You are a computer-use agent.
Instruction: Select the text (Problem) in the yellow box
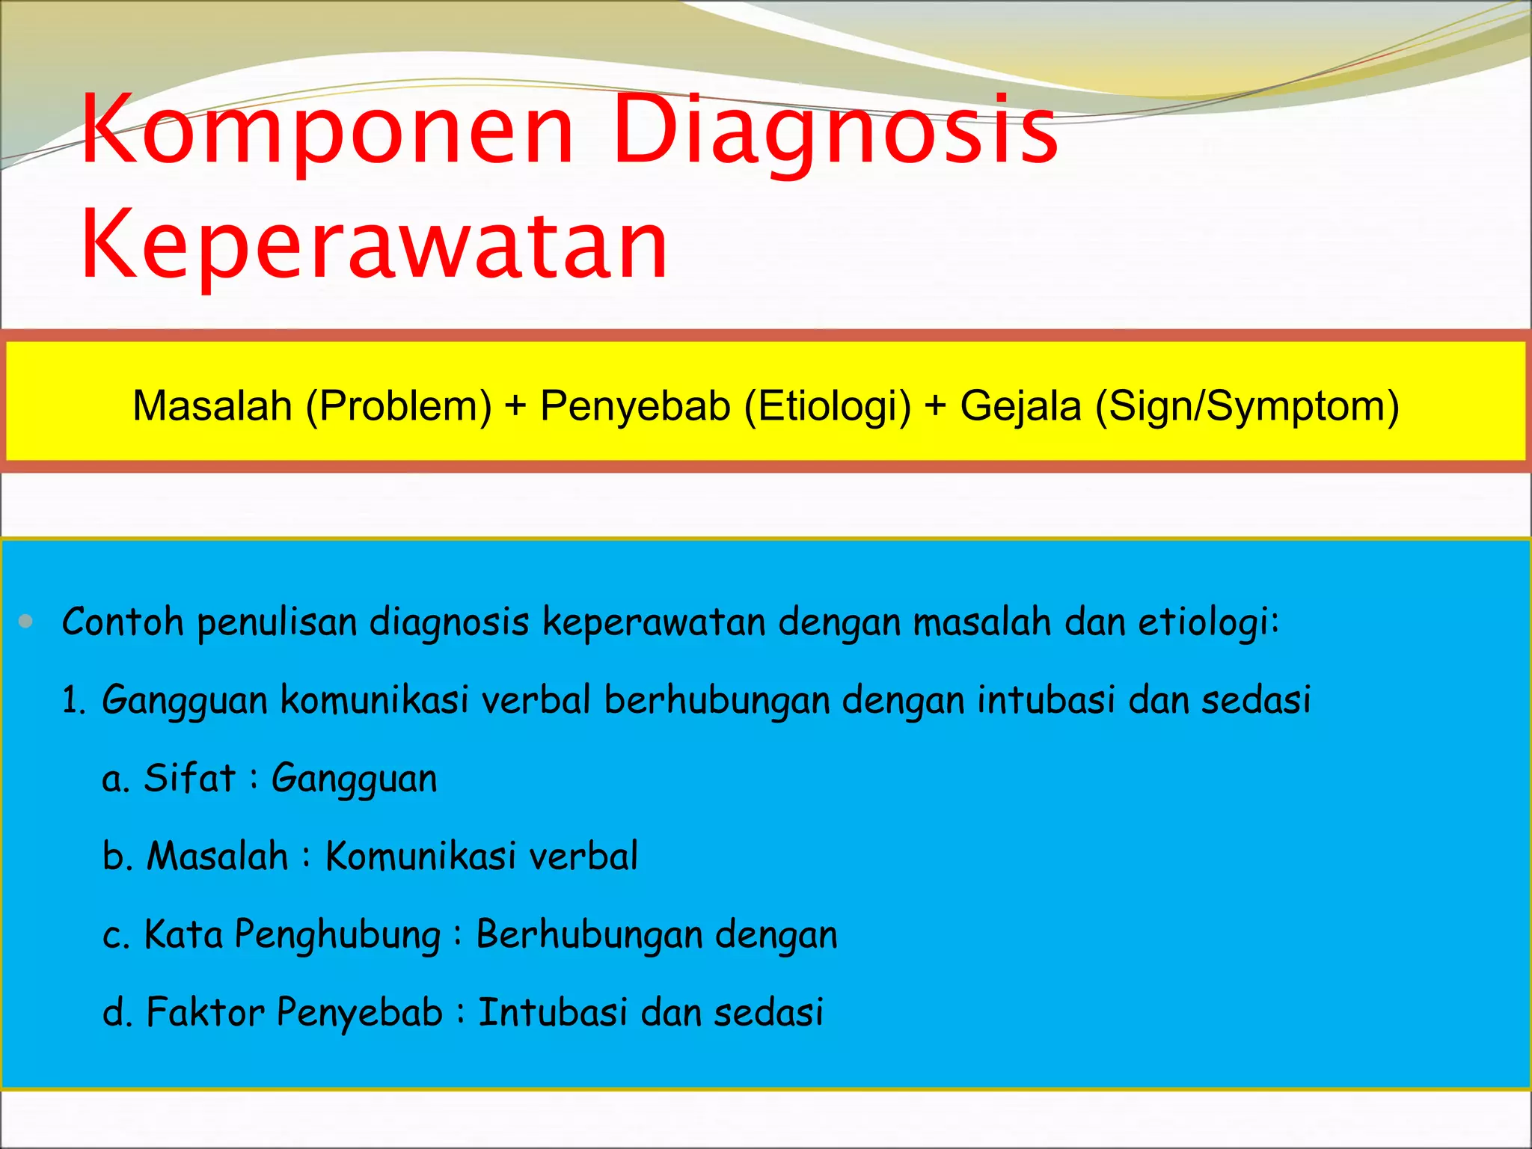point(399,406)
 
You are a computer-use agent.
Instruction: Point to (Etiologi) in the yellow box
point(827,406)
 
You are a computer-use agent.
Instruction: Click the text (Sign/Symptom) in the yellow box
point(1247,406)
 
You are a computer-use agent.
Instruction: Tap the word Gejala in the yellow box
point(1020,406)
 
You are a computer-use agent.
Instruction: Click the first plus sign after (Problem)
point(515,406)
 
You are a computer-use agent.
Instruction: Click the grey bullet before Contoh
point(26,621)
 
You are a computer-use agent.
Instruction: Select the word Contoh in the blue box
point(123,622)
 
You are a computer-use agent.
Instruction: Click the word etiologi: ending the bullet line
point(1209,622)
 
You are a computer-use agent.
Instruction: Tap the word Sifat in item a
point(189,778)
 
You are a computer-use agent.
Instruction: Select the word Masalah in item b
point(217,856)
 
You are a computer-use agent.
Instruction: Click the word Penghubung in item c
point(337,935)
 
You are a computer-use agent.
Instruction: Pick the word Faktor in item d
point(205,1013)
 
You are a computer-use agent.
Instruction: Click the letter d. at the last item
point(117,1013)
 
